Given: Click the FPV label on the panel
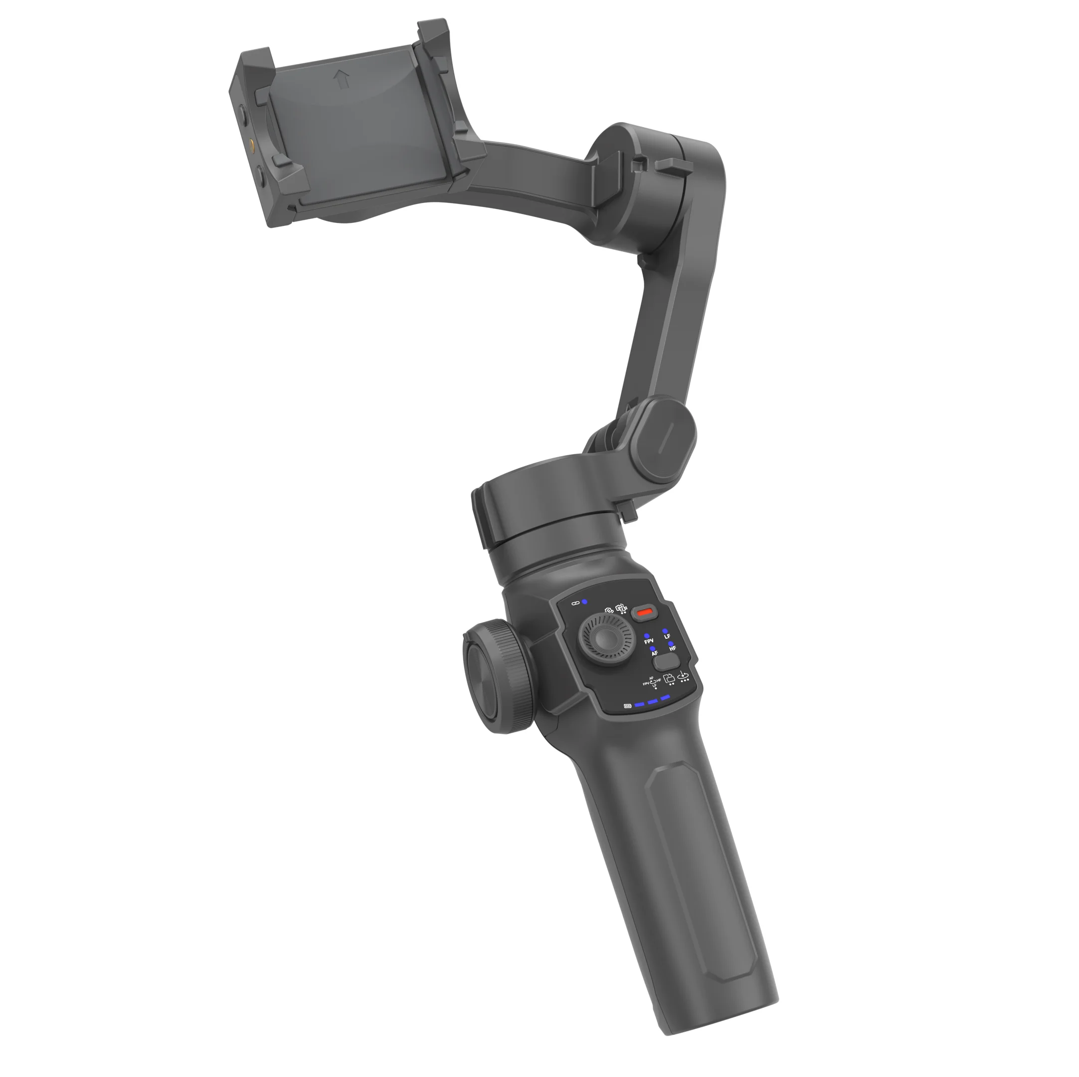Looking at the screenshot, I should click(x=649, y=641).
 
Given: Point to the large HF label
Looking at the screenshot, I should click(x=673, y=649).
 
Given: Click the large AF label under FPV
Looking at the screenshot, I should click(x=655, y=653).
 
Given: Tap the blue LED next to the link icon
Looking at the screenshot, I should click(x=585, y=602).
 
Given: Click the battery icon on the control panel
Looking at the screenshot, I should click(x=628, y=706).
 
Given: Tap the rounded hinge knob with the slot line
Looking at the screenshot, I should click(x=663, y=433).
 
